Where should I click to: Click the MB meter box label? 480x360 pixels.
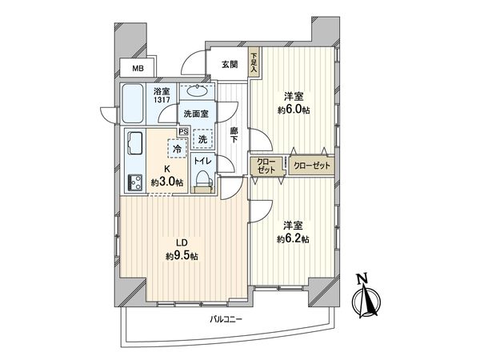pyautogui.click(x=138, y=70)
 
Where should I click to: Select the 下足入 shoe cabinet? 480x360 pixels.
pyautogui.click(x=254, y=63)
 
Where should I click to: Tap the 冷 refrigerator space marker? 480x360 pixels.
pyautogui.click(x=175, y=148)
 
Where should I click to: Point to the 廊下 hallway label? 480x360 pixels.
pyautogui.click(x=234, y=134)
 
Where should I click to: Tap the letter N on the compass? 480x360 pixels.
pyautogui.click(x=362, y=279)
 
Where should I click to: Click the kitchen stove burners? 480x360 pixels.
pyautogui.click(x=132, y=181)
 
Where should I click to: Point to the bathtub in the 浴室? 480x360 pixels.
pyautogui.click(x=134, y=100)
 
